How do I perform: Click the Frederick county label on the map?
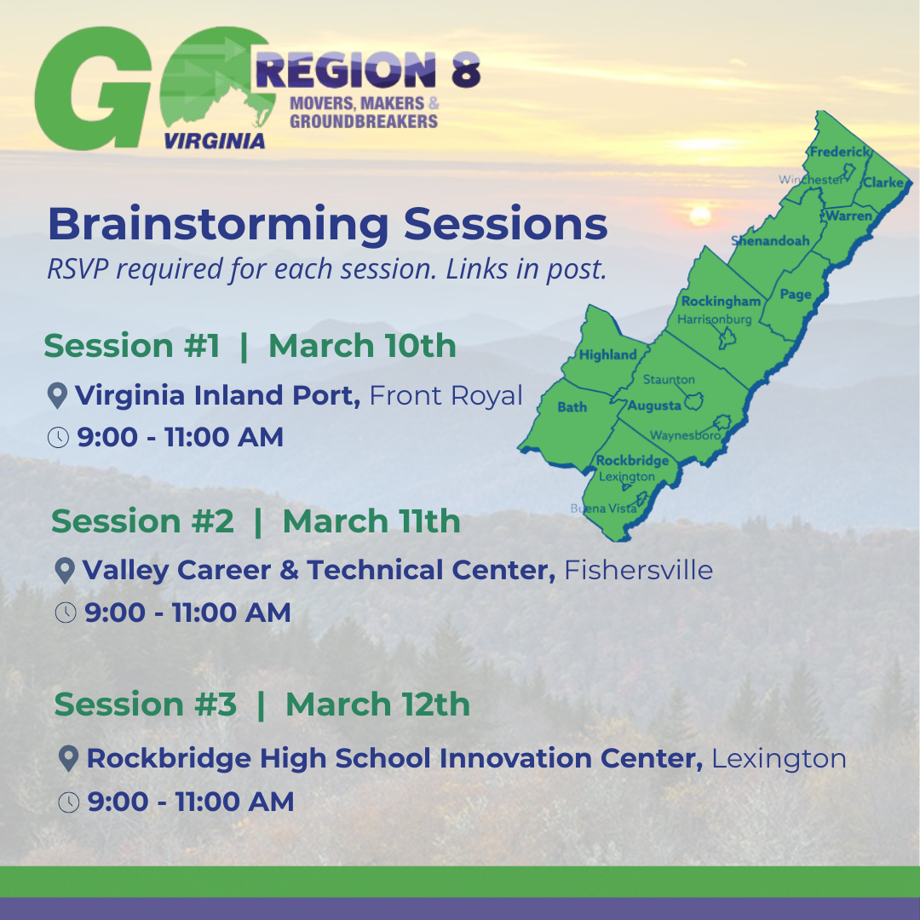click(x=840, y=152)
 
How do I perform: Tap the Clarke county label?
click(x=883, y=182)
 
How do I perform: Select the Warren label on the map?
click(x=849, y=216)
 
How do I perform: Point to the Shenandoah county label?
click(x=770, y=240)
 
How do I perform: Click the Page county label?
click(x=796, y=294)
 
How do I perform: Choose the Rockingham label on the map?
click(x=721, y=301)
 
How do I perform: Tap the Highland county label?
click(x=608, y=354)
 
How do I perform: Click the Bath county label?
click(x=572, y=406)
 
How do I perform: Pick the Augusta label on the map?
click(x=654, y=405)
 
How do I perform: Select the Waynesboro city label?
click(x=685, y=435)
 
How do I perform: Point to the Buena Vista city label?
click(x=604, y=508)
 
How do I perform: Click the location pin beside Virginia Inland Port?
click(x=57, y=395)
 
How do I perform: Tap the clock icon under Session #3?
click(x=69, y=802)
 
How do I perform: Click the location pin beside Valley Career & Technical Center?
click(x=65, y=570)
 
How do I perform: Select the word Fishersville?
click(x=638, y=570)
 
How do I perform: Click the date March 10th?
click(x=362, y=346)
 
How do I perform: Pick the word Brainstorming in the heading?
click(x=218, y=223)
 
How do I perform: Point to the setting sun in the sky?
click(x=700, y=216)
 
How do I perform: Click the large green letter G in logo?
click(x=93, y=88)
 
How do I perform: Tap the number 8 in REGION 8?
click(x=466, y=71)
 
